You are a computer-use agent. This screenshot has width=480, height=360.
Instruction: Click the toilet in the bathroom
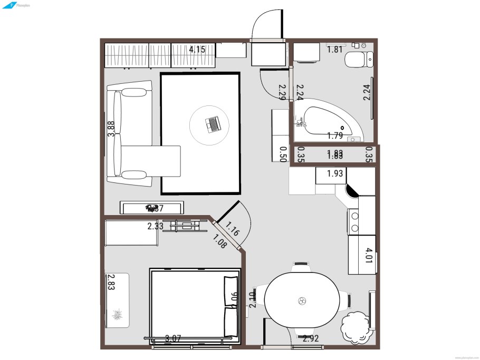(358, 61)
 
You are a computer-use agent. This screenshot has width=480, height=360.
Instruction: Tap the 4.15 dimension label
(197, 50)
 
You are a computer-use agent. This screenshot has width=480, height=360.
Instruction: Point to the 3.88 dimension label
(111, 129)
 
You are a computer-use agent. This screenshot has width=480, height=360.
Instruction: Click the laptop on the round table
(213, 124)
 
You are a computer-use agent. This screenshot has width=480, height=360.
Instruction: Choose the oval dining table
(302, 301)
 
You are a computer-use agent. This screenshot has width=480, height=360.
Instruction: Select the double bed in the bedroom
(195, 304)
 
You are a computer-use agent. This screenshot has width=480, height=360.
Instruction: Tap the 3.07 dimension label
(174, 339)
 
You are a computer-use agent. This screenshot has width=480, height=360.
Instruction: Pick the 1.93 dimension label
(335, 173)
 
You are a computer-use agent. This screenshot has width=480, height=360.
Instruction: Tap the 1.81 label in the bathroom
(335, 50)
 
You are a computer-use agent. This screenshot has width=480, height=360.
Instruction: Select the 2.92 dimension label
(311, 339)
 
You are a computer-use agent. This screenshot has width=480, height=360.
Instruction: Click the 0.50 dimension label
(283, 153)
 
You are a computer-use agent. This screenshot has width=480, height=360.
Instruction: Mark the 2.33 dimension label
(155, 226)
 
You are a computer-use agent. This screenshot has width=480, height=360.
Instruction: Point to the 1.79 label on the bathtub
(335, 135)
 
